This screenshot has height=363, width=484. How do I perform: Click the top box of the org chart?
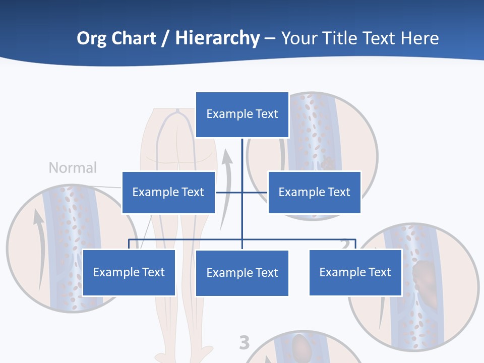(242, 114)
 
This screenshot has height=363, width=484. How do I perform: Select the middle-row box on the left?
(168, 192)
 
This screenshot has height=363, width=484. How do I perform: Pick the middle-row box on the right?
(314, 192)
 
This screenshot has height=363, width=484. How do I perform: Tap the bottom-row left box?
(129, 272)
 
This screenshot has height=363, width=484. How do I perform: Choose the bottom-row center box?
(242, 273)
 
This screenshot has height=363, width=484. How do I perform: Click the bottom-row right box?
(355, 272)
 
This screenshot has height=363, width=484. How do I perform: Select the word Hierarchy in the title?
(217, 38)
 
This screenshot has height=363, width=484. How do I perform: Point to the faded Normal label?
(73, 167)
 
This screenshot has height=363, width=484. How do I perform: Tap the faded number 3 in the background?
(244, 343)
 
